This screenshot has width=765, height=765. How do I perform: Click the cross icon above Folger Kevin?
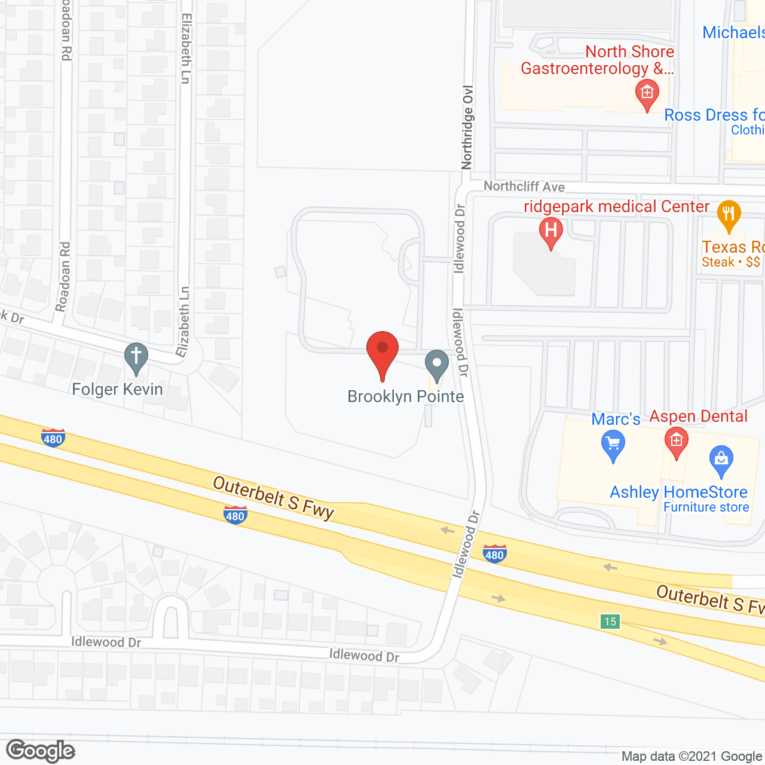[x=136, y=357]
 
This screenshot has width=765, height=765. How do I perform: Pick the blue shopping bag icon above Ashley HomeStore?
[x=721, y=460]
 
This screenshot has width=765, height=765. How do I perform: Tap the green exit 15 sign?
[x=610, y=622]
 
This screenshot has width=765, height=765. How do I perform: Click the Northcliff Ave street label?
[x=524, y=186]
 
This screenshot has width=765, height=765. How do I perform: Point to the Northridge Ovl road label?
[x=467, y=127]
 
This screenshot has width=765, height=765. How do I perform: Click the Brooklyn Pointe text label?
[x=406, y=397]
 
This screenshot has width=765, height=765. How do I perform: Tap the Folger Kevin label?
[x=117, y=390]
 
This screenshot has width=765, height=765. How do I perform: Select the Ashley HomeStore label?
[x=678, y=492]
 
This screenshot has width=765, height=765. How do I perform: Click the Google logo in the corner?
[x=41, y=751]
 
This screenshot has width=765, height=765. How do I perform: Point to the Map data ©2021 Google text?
[x=691, y=757]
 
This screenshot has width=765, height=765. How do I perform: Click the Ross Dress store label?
[x=714, y=115]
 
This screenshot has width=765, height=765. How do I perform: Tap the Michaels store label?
[x=733, y=32]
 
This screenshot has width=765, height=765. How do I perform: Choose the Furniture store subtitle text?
[x=706, y=507]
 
